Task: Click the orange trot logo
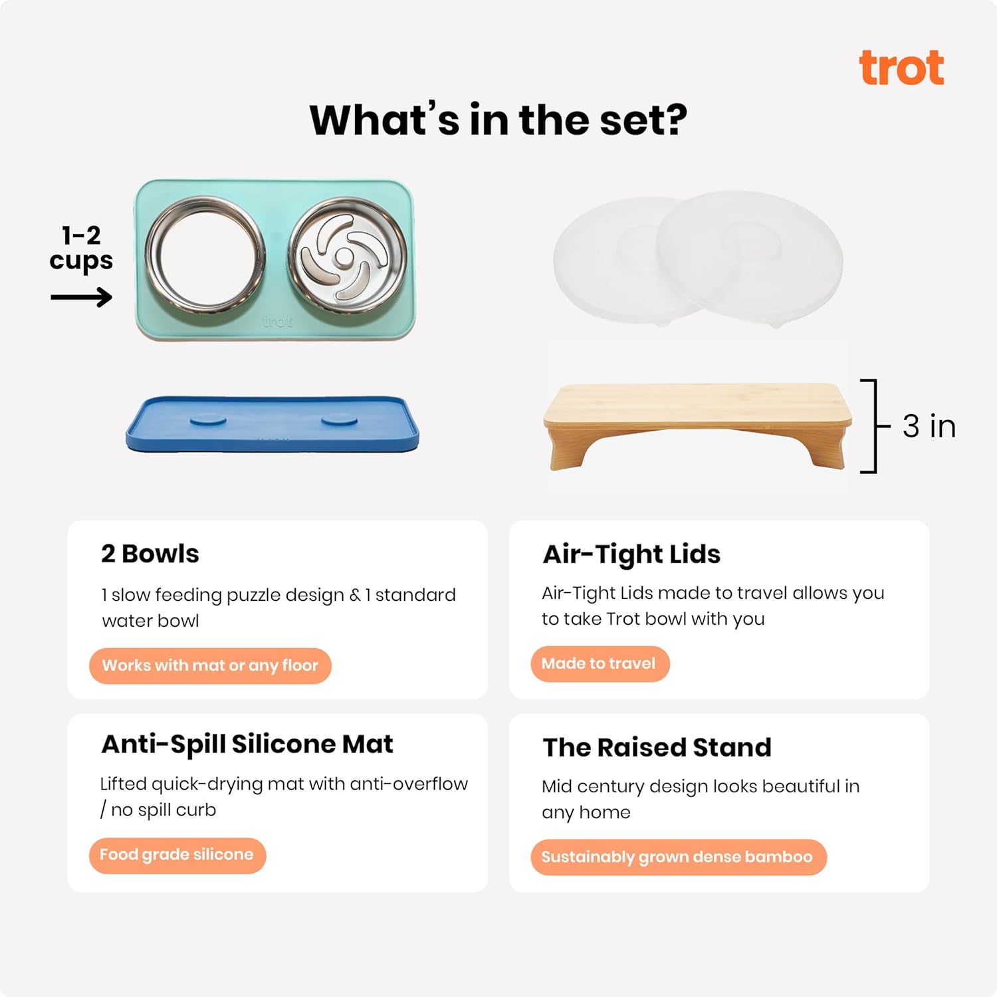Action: tap(901, 68)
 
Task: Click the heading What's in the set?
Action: tap(498, 120)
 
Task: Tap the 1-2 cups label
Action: tap(81, 248)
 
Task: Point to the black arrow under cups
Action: tap(81, 296)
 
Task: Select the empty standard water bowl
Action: tap(205, 255)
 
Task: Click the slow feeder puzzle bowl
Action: tap(346, 255)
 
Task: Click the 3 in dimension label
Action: tap(929, 426)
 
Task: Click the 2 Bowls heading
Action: tap(150, 554)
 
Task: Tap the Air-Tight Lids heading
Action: tap(631, 554)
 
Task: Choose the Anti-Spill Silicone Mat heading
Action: tap(247, 744)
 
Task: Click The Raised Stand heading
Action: tap(657, 747)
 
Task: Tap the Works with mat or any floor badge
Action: tap(210, 665)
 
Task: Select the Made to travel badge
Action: tap(599, 663)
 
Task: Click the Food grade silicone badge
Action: tap(177, 855)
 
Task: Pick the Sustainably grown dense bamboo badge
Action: tap(677, 857)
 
